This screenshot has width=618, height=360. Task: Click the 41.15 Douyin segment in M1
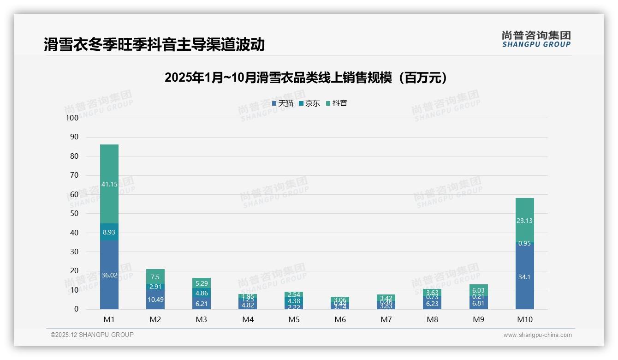tap(109, 184)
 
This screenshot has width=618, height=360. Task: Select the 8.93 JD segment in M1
tap(109, 232)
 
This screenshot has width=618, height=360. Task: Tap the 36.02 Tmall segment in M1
tap(109, 275)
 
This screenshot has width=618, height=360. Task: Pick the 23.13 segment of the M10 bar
tap(524, 221)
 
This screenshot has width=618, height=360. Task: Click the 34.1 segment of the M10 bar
tap(524, 277)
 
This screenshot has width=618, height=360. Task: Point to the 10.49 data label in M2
tap(155, 300)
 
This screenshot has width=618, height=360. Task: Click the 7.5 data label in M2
tap(155, 277)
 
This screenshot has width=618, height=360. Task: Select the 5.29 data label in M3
tap(202, 283)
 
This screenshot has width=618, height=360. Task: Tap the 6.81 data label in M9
tap(478, 304)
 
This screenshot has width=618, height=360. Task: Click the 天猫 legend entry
tap(283, 103)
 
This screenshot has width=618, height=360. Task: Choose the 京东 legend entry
tap(309, 103)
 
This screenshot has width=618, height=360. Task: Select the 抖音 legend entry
tap(337, 103)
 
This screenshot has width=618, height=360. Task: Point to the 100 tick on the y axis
tap(72, 118)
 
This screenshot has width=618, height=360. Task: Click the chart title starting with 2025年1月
tap(306, 78)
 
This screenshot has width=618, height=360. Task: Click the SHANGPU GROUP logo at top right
tap(536, 39)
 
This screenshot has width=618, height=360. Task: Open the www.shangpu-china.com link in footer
tap(537, 335)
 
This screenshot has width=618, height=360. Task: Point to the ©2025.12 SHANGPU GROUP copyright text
tap(92, 335)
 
